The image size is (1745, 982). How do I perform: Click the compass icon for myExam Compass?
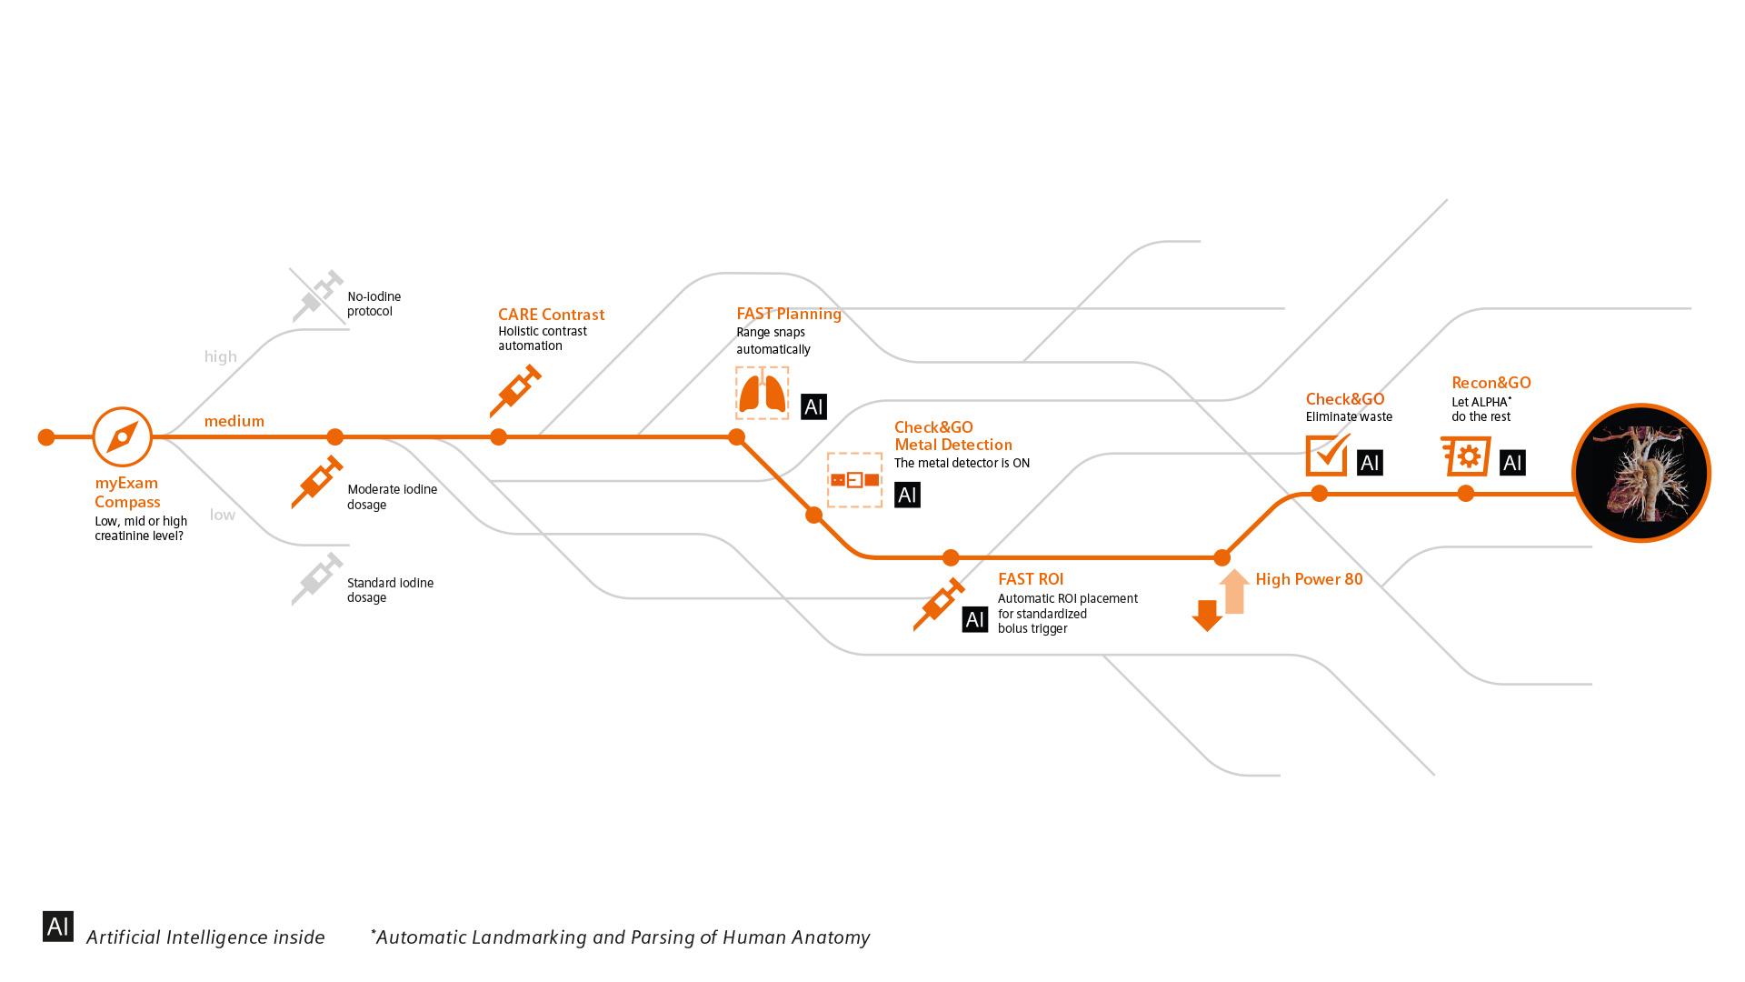tap(122, 437)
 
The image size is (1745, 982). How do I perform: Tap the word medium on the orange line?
tap(234, 421)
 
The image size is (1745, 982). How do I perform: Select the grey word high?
tap(220, 356)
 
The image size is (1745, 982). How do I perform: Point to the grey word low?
tap(222, 515)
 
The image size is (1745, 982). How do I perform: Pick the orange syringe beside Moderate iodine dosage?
tap(317, 482)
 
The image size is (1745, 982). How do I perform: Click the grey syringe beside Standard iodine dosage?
tap(317, 578)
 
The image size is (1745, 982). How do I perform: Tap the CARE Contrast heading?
tap(551, 315)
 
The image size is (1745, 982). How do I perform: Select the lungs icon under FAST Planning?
tap(762, 393)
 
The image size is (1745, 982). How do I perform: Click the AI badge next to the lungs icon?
tap(813, 406)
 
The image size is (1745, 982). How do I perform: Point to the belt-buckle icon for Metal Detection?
tap(854, 479)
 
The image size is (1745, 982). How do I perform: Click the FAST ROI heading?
tap(1030, 579)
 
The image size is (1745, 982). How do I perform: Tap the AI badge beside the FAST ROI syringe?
tap(974, 619)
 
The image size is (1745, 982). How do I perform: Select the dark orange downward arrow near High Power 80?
tap(1207, 616)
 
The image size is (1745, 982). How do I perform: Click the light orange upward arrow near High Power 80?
tap(1233, 591)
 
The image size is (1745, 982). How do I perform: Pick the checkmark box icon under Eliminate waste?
tap(1327, 455)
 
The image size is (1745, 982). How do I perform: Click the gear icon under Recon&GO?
tap(1466, 456)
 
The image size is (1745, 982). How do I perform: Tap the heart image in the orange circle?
tap(1641, 473)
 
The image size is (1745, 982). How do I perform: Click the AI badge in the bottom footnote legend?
tap(58, 927)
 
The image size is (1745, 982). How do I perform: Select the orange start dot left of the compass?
tap(46, 437)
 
